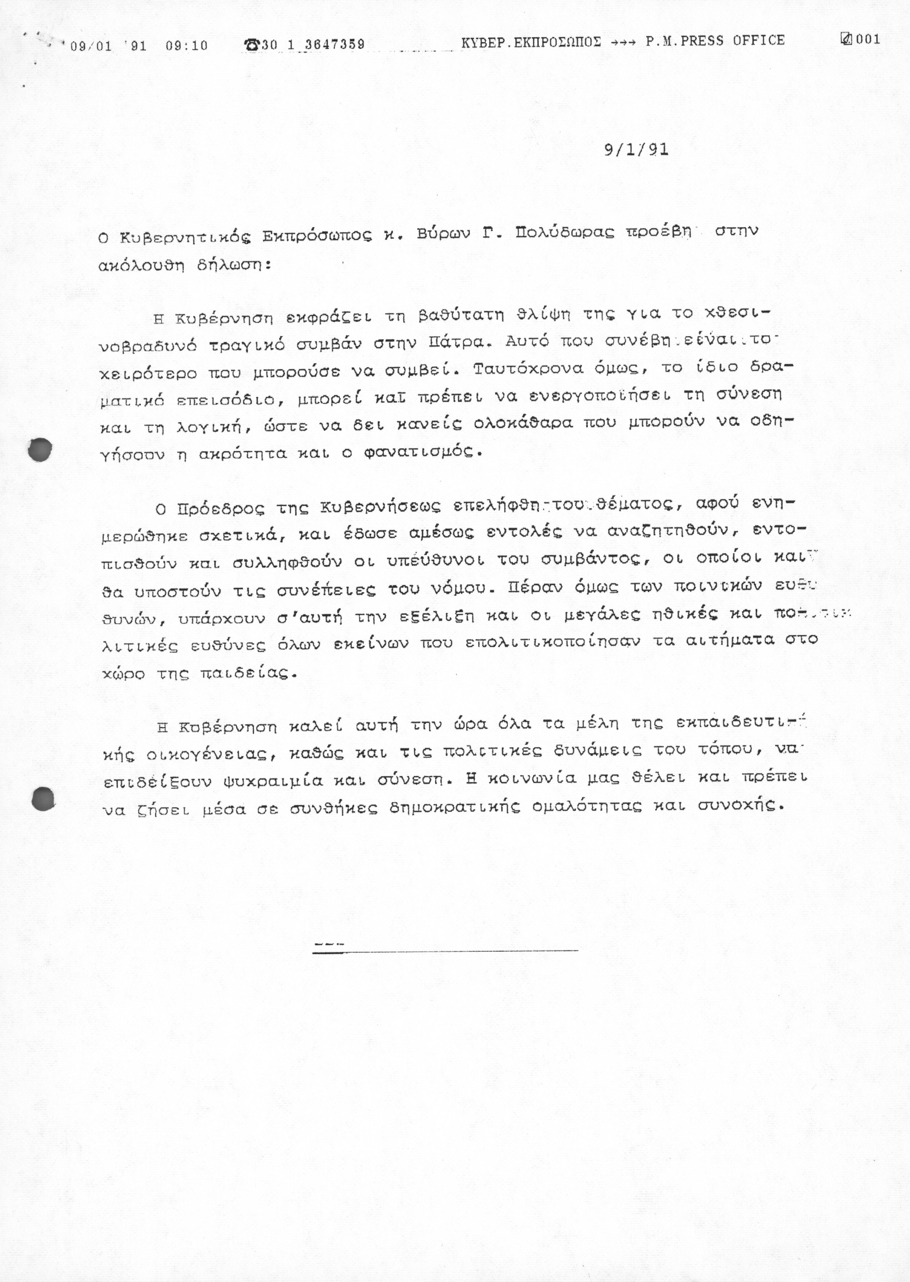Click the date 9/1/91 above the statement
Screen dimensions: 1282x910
636,150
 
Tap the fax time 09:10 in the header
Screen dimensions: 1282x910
187,45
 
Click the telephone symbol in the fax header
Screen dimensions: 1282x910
252,44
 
